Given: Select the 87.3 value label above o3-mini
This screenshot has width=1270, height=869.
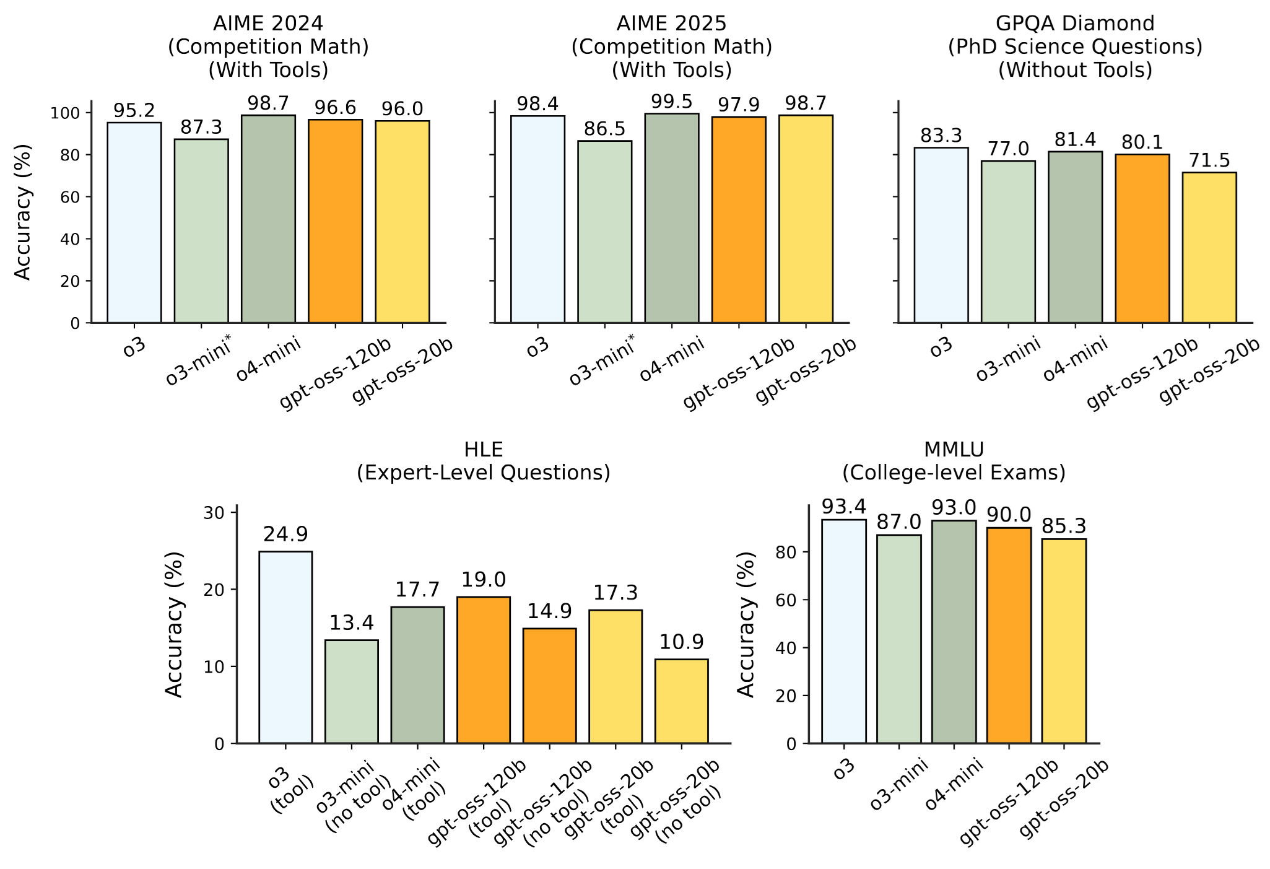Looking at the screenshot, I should coord(201,128).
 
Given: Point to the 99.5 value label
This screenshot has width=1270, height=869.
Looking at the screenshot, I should coord(672,102).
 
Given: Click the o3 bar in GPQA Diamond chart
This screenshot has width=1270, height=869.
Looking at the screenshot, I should coord(941,235).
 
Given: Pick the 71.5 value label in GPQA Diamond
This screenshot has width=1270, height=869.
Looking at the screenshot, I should coord(1209,161).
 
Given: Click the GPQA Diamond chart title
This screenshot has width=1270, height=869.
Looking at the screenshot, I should coord(1075,47).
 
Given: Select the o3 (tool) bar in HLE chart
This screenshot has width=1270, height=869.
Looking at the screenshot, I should coord(285,647).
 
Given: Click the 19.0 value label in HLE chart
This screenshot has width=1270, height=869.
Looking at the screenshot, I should coord(484,580).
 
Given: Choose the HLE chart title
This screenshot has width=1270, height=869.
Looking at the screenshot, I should coord(484,461).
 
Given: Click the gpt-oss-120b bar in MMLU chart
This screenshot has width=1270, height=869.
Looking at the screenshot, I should coord(1009,635).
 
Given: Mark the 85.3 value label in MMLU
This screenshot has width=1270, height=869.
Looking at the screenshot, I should coord(1064,526).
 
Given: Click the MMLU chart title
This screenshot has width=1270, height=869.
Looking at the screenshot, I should coord(954,461).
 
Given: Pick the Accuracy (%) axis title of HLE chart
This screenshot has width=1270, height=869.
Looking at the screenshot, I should coord(175,624).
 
